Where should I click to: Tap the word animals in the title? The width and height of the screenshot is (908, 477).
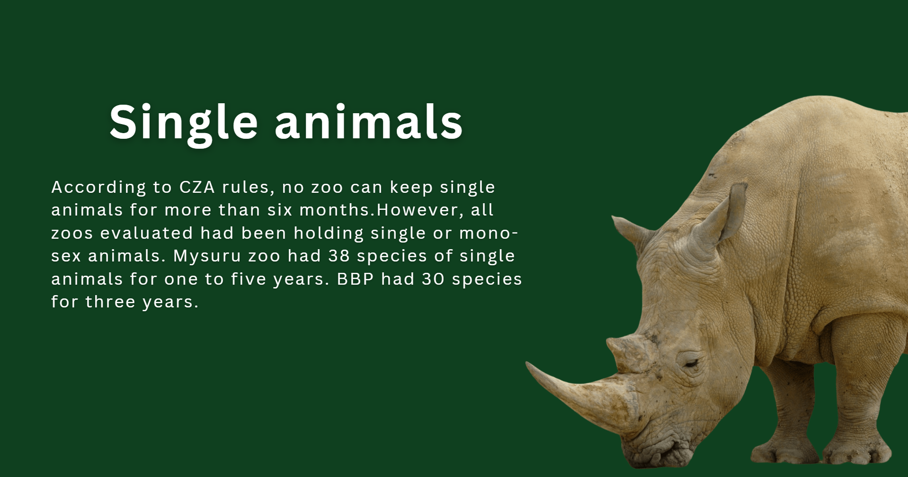[368, 122]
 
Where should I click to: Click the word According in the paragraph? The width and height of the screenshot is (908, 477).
[98, 187]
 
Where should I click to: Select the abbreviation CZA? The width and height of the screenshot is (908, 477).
[197, 187]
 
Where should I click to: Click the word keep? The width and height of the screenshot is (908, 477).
[411, 187]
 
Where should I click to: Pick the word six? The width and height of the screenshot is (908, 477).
[280, 210]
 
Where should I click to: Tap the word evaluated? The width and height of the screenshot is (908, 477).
[147, 233]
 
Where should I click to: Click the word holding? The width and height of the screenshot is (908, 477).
[329, 233]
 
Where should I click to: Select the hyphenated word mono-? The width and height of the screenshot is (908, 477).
[489, 233]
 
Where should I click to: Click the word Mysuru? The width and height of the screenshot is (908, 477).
[207, 256]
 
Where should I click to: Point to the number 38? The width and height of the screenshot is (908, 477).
[339, 256]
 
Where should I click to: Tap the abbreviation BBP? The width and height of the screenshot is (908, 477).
[356, 279]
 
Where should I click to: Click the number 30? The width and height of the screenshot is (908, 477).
[433, 279]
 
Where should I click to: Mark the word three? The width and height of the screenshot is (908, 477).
[110, 302]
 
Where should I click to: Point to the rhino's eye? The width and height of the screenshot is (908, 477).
[690, 364]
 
